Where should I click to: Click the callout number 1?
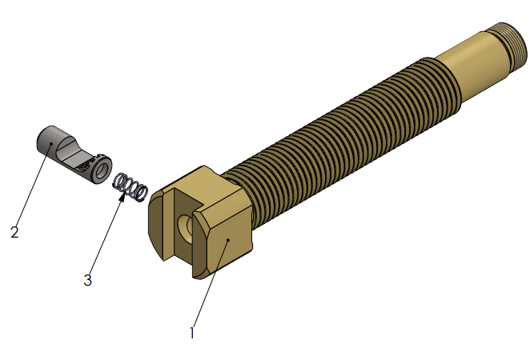tap(191, 333)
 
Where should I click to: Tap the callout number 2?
tap(14, 232)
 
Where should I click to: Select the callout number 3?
tap(88, 280)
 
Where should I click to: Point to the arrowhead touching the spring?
tap(122, 196)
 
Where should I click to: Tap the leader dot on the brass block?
tap(228, 240)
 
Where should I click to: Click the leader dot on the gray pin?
tap(51, 143)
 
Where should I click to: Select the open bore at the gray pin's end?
tap(102, 170)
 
